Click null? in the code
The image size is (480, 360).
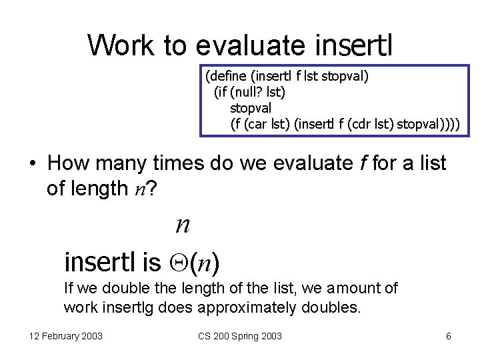(x=248, y=91)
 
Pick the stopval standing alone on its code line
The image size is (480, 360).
(x=251, y=107)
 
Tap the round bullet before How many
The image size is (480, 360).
(x=32, y=163)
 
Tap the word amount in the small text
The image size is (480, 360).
(x=363, y=288)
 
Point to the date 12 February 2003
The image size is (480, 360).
(x=66, y=336)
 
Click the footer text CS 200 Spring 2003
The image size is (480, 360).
(x=240, y=336)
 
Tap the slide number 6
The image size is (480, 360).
(x=449, y=336)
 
